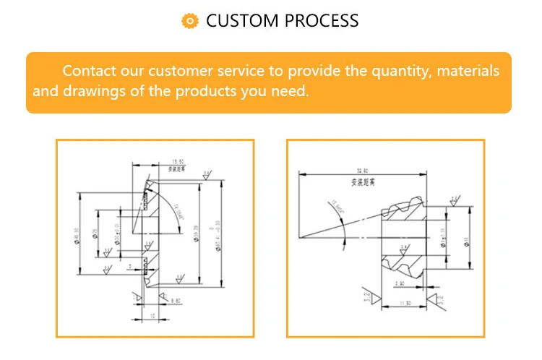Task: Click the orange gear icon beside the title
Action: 189,21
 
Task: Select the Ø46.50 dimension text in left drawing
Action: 77,235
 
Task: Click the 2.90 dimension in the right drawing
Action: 400,283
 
